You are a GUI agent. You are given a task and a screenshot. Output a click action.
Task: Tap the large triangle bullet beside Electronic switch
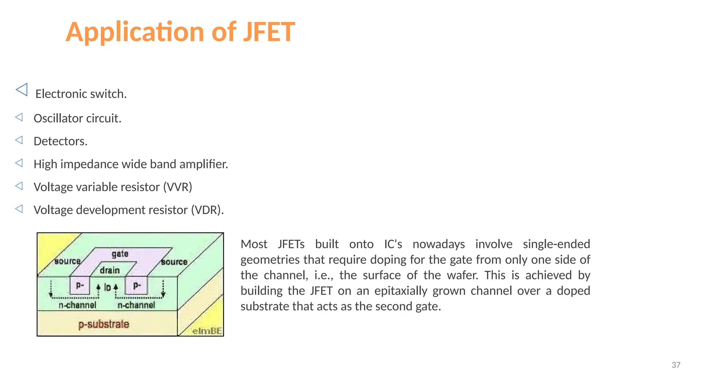(x=22, y=90)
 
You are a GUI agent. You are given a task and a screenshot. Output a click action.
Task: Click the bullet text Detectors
(x=60, y=141)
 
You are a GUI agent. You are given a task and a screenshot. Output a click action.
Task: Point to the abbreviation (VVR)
(x=177, y=187)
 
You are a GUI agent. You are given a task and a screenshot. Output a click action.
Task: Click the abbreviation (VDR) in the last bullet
(x=207, y=210)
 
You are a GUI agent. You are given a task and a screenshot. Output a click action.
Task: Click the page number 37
(x=676, y=365)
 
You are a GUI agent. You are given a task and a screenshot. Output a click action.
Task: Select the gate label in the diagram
(x=120, y=254)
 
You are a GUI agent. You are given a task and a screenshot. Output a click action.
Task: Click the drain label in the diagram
(x=110, y=270)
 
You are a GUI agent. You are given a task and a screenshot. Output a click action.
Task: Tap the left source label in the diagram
(x=67, y=261)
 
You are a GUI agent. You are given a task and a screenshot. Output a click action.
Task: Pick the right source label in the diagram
(x=174, y=262)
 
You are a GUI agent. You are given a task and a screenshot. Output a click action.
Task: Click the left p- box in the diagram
(x=80, y=285)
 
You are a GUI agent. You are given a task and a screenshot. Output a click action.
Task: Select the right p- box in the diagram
(x=137, y=285)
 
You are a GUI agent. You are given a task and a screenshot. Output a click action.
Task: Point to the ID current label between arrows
(x=108, y=288)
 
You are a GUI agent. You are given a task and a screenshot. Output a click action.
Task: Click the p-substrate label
(x=104, y=324)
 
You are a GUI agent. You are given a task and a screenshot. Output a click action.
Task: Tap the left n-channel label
(x=77, y=305)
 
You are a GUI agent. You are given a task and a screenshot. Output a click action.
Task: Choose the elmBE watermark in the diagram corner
(x=207, y=331)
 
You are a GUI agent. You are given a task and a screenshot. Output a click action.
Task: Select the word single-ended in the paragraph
(x=556, y=244)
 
